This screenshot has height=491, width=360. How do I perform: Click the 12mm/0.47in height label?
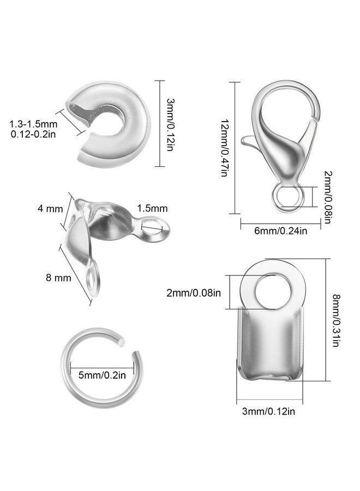point(224,148)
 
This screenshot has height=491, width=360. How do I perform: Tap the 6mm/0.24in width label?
point(280,231)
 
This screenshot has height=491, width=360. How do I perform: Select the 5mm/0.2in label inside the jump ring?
point(102,375)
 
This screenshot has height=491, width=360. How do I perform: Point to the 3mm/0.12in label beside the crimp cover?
point(170,125)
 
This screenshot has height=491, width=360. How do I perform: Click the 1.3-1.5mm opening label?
point(33,124)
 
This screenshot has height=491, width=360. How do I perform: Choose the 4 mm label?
point(50,208)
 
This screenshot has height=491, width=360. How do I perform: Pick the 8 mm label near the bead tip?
point(58,278)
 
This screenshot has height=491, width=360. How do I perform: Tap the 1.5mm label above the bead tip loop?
point(152,208)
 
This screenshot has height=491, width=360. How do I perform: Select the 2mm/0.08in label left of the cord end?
point(194,293)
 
